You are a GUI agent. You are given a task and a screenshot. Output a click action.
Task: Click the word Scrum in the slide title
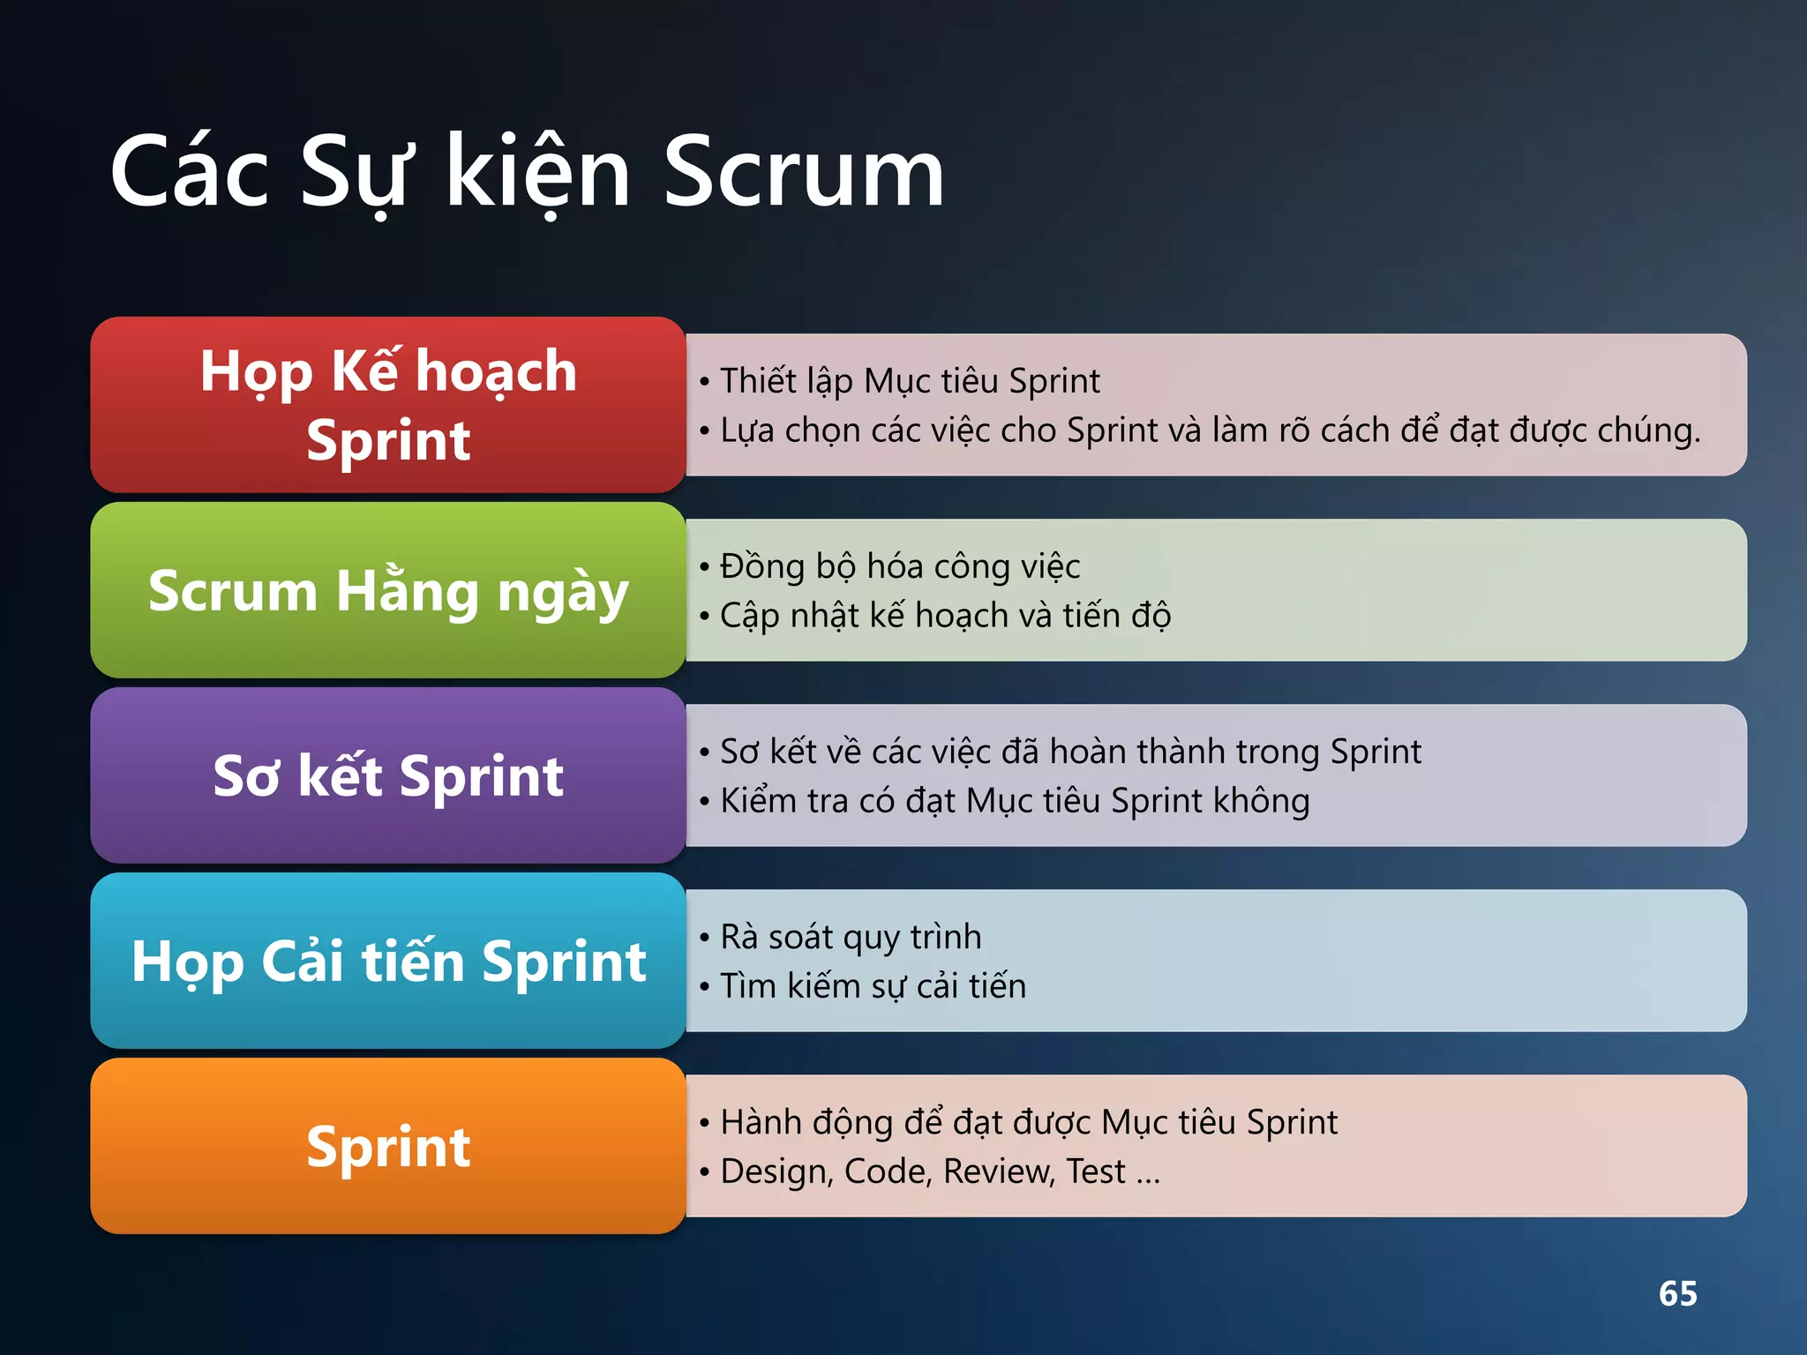click(803, 173)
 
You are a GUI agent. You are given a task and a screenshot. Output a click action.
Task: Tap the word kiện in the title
click(538, 173)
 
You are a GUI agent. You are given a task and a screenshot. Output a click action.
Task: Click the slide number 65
click(1677, 1293)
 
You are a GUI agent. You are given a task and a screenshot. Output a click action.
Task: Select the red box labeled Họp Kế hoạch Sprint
click(388, 405)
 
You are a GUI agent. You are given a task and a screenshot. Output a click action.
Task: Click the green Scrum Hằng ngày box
click(388, 590)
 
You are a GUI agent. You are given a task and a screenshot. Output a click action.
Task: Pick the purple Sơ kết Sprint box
click(388, 775)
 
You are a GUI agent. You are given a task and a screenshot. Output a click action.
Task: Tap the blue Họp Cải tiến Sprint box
click(388, 961)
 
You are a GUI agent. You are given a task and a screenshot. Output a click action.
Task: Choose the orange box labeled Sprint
click(388, 1146)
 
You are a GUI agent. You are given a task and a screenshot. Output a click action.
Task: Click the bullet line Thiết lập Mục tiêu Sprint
click(909, 381)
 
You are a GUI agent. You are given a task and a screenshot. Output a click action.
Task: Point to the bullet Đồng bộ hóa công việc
click(899, 566)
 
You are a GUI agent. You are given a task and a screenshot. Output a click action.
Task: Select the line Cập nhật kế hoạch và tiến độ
click(944, 616)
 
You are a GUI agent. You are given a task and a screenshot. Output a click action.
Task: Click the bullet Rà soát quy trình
click(851, 937)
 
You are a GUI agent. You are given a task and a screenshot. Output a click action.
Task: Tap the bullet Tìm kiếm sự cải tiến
click(873, 986)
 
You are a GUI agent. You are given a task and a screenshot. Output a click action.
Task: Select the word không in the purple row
click(1262, 801)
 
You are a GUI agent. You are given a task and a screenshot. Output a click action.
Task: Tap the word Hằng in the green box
click(407, 590)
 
